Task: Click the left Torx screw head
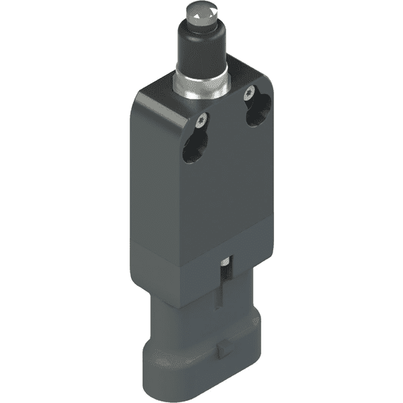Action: [x=201, y=122]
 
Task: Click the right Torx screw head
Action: [x=251, y=93]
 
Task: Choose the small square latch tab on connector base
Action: [x=222, y=349]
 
